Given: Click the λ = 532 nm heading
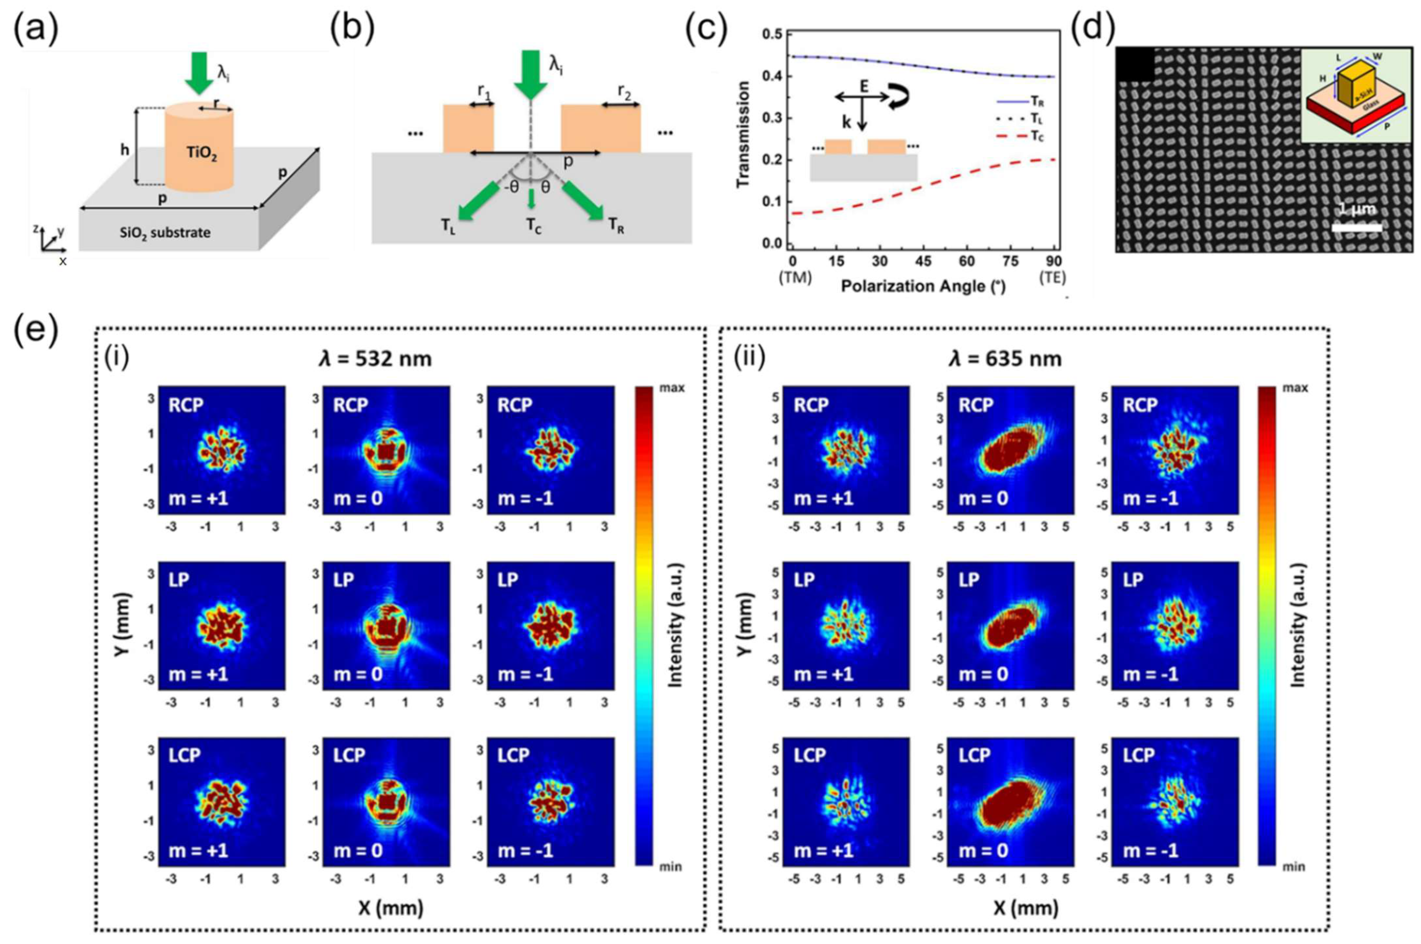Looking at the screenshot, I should coord(375,359).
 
